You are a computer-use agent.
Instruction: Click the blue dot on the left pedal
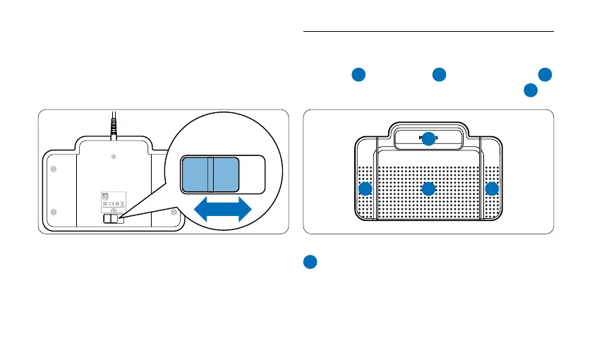[x=366, y=189]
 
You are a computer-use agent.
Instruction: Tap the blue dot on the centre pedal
[x=428, y=189]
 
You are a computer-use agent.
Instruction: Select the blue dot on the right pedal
[x=492, y=189]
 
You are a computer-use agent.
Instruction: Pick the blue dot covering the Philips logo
[x=428, y=139]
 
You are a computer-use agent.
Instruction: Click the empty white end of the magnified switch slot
[x=253, y=174]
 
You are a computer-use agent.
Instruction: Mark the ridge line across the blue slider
[x=209, y=174]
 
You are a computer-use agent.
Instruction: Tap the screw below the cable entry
[x=114, y=156]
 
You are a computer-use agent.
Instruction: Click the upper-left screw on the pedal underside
[x=54, y=169]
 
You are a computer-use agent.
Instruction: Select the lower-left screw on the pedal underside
[x=54, y=212]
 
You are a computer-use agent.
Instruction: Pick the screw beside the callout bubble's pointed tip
[x=174, y=212]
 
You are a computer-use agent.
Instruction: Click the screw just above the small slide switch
[x=114, y=211]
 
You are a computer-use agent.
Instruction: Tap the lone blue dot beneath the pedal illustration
[x=309, y=261]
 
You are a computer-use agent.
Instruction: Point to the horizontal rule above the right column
[x=428, y=31]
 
